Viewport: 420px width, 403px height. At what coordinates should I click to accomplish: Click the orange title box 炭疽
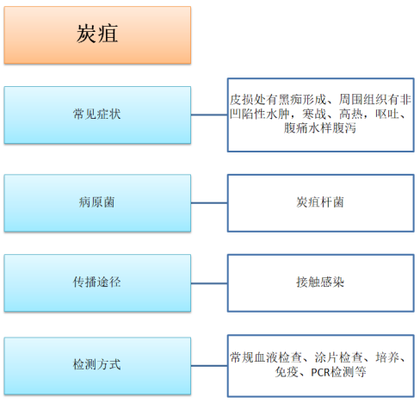coord(97,35)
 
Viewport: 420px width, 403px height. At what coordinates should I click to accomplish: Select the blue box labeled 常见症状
coord(97,115)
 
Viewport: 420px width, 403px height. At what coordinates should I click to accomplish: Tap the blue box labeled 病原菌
coord(97,203)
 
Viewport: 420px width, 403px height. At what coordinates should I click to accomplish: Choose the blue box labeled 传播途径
coord(97,283)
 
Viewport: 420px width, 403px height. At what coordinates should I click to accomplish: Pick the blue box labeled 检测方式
coord(97,366)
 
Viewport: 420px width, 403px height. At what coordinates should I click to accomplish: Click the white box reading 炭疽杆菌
coord(321,203)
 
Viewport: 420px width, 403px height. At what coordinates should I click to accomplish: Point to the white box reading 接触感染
coord(321,283)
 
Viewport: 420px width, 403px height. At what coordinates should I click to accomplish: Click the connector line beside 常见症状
coord(209,115)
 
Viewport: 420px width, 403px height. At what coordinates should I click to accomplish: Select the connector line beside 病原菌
coord(209,203)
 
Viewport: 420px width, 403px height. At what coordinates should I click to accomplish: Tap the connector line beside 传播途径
coord(209,283)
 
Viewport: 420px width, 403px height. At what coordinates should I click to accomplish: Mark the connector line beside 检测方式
coord(209,366)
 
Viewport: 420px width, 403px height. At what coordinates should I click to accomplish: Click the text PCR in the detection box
coord(320,373)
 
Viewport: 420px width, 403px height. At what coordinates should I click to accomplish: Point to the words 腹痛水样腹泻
coord(320,128)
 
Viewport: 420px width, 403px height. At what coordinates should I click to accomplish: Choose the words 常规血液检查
coord(266,357)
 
